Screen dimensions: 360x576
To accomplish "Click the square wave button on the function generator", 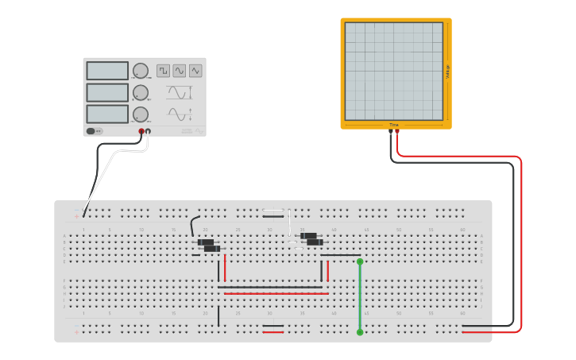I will tap(163, 71).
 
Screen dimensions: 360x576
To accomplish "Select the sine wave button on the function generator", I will tap(180, 71).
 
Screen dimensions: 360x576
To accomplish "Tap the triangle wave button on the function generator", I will tap(195, 71).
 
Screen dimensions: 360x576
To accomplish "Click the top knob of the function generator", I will tap(141, 71).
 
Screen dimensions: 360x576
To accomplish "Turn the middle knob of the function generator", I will tap(141, 92).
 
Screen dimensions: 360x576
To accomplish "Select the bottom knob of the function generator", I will tap(141, 114).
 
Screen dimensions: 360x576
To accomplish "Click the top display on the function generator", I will tap(107, 71).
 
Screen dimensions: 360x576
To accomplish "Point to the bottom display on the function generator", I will tap(107, 114).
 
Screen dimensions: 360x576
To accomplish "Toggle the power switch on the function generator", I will tap(91, 131).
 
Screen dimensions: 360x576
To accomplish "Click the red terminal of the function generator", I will tap(141, 131).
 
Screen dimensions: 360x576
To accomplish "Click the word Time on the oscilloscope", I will tap(393, 125).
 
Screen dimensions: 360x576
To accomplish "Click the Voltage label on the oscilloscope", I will tap(447, 72).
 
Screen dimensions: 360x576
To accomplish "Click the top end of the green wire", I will tap(360, 261).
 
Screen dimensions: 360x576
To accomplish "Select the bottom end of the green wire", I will tap(360, 332).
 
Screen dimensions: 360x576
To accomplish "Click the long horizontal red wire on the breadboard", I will tap(276, 293).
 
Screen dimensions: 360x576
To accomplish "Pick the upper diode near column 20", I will tap(206, 242).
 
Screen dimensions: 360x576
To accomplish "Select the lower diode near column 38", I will tap(315, 242).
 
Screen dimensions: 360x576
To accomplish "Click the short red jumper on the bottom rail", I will tap(273, 332).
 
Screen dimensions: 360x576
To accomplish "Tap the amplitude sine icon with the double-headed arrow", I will tap(180, 114).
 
